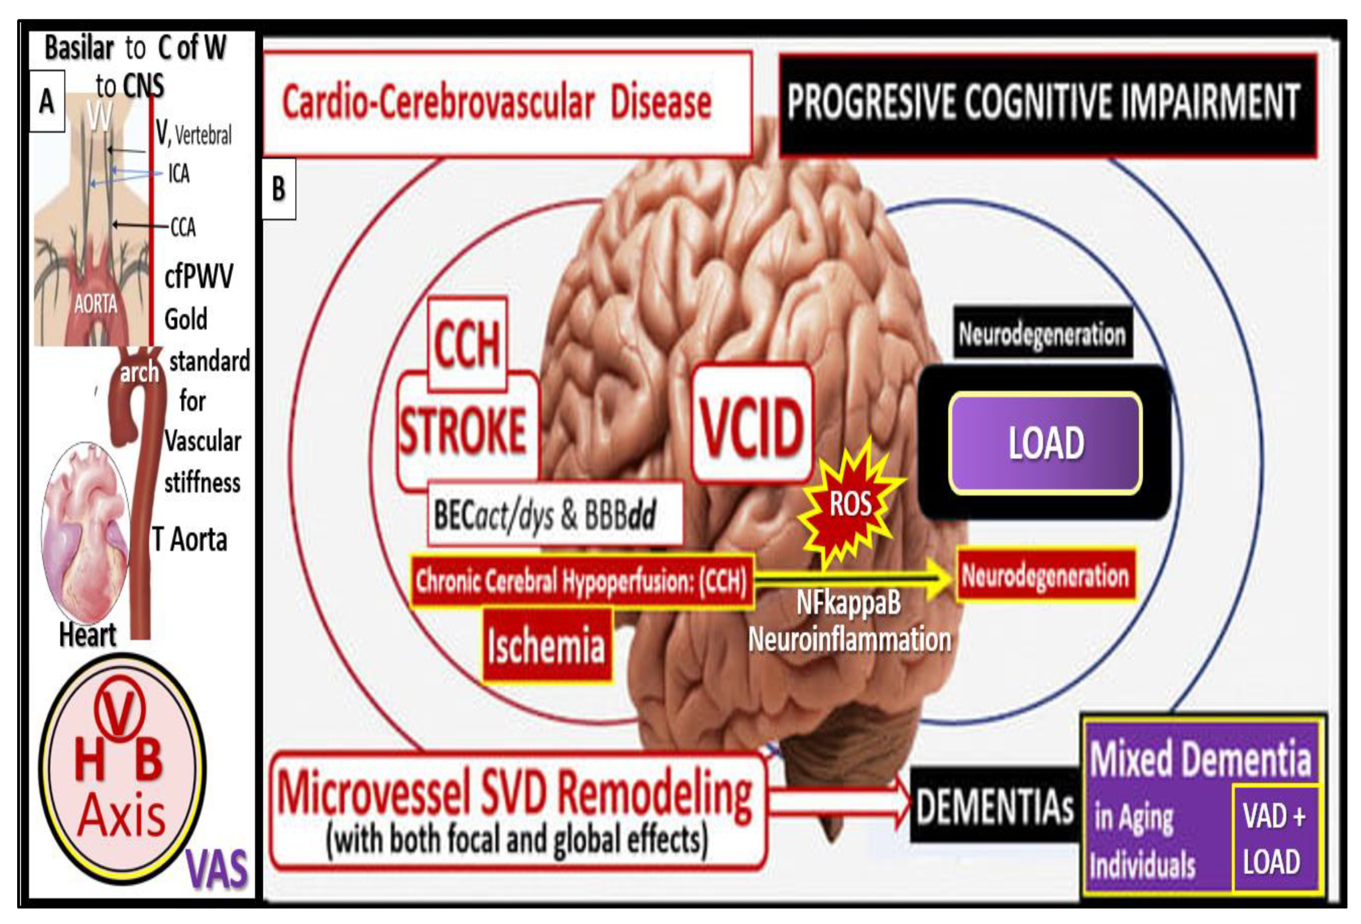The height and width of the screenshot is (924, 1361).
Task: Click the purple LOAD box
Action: (1045, 443)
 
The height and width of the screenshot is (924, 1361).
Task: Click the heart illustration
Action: (86, 532)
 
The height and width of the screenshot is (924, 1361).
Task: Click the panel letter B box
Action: (279, 189)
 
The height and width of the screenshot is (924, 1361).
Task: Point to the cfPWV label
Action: (198, 276)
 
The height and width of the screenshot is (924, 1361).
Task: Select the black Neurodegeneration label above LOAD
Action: (1042, 334)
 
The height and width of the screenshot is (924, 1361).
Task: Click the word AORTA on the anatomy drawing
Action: (95, 303)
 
